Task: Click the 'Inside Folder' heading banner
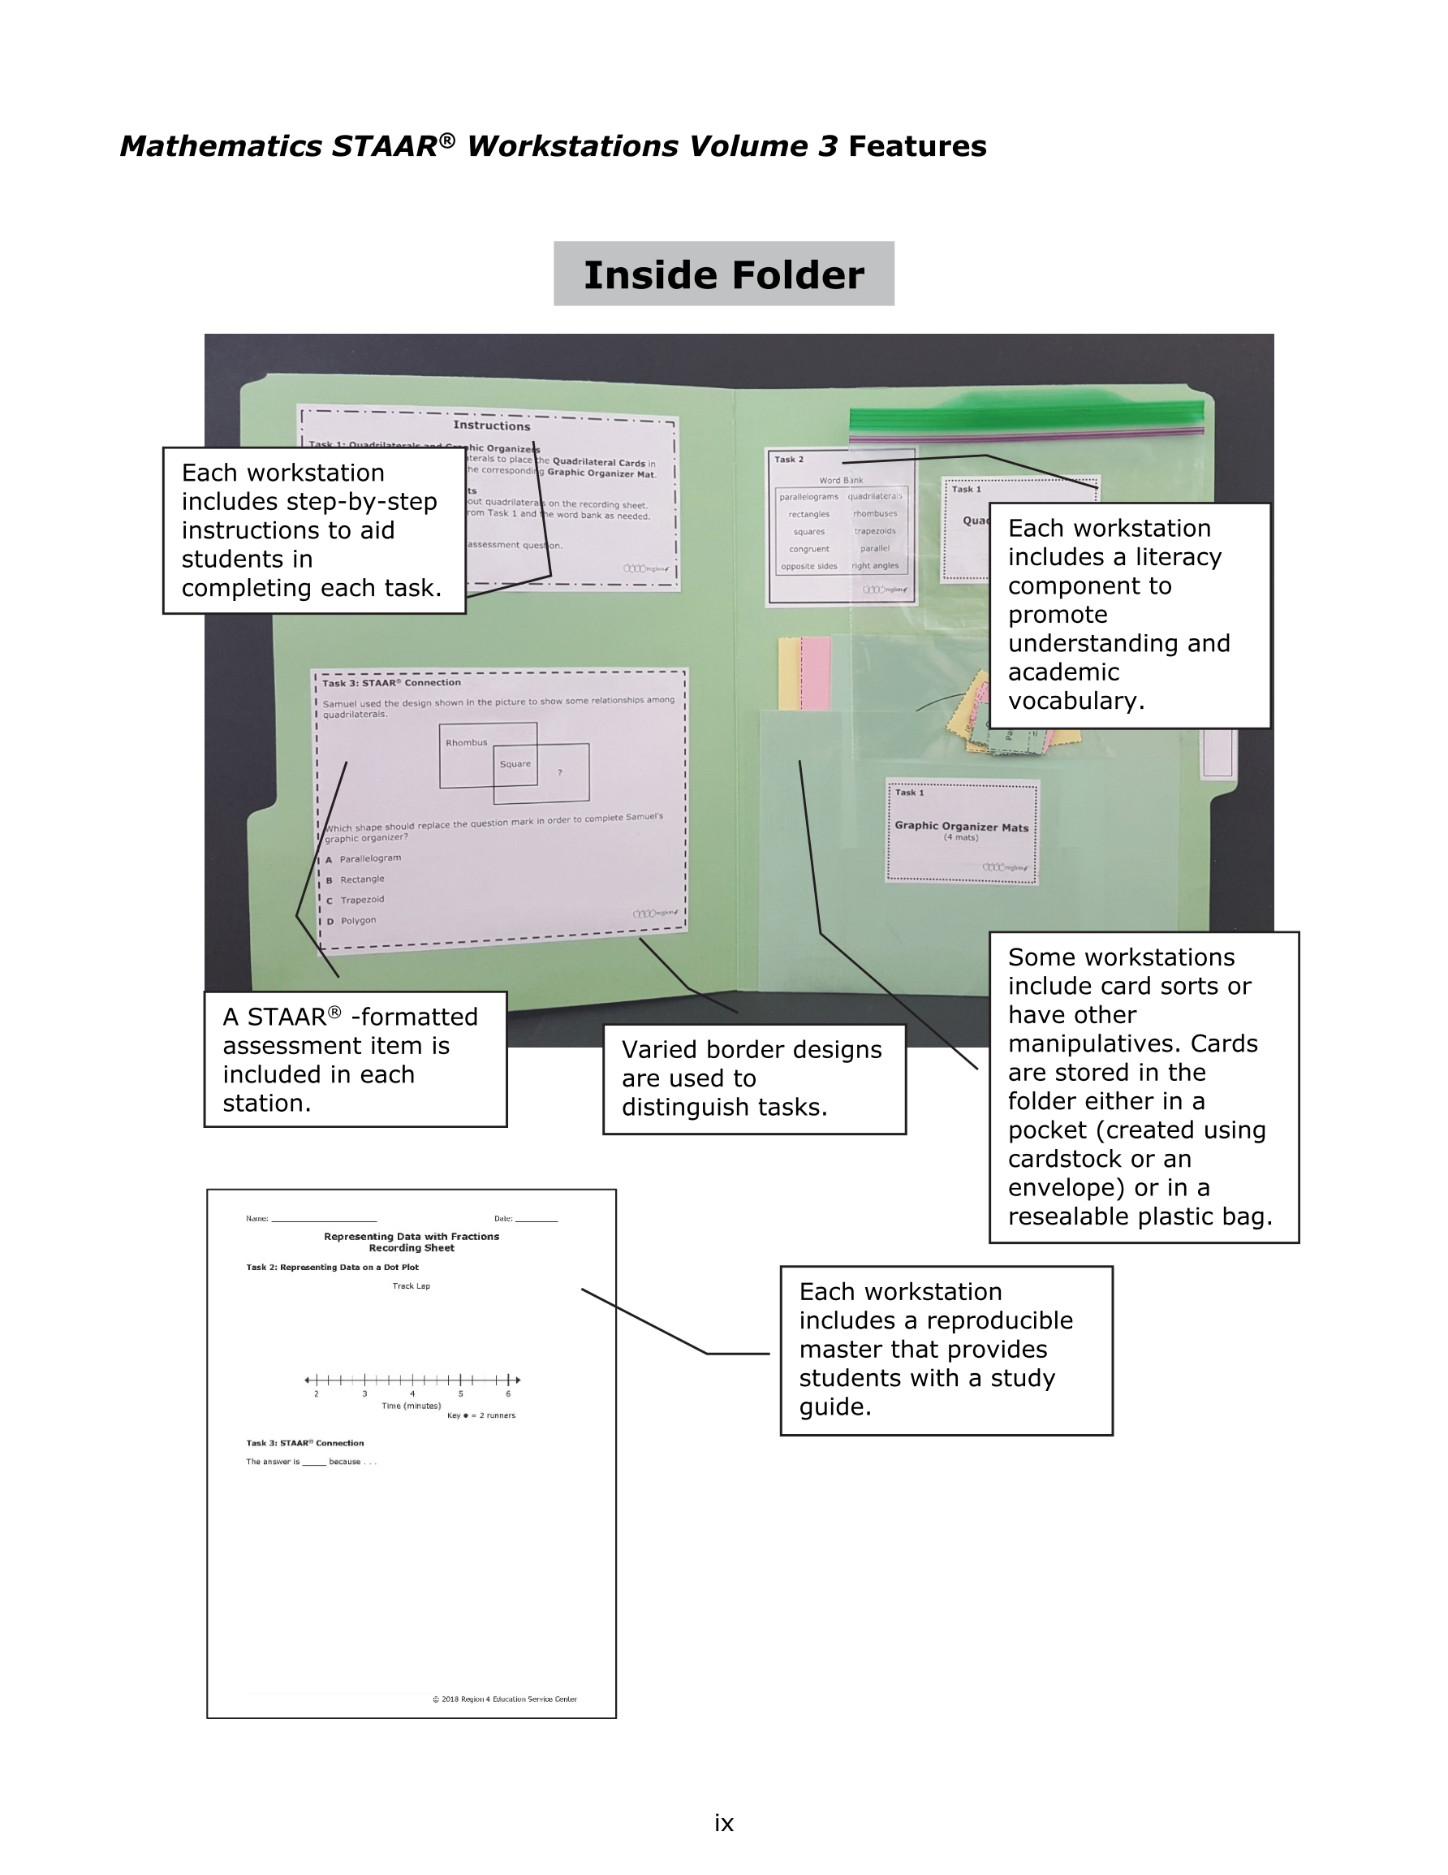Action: [723, 274]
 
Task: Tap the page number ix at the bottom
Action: [723, 1823]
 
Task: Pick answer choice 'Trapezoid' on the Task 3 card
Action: [362, 900]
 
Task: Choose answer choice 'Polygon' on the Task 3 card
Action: [358, 920]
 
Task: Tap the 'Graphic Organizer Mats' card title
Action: [961, 826]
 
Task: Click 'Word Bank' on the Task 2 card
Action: [841, 481]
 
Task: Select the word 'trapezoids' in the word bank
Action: [875, 531]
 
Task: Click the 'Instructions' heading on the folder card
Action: [492, 425]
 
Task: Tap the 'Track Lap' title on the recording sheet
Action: [412, 1286]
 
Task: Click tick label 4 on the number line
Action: [412, 1393]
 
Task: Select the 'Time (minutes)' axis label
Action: [412, 1406]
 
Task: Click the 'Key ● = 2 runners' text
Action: [481, 1415]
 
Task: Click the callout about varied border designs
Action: [753, 1078]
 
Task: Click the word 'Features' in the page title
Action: [916, 146]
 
